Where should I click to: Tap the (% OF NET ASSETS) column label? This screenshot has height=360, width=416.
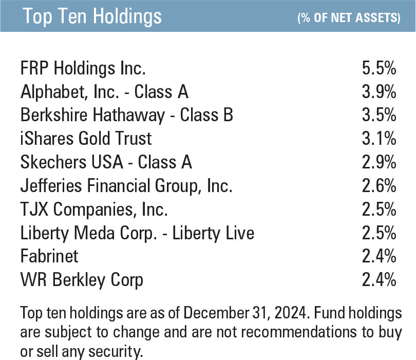(349, 18)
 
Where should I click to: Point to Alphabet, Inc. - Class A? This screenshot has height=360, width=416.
(104, 91)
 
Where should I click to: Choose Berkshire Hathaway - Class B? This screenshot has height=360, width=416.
(126, 115)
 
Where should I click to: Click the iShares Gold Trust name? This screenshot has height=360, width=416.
(86, 139)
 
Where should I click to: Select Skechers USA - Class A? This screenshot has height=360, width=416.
(106, 162)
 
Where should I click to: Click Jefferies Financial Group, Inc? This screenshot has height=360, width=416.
(126, 186)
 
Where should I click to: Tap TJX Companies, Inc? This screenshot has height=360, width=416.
(94, 210)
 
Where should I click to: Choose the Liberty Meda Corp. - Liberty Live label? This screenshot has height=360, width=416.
(137, 233)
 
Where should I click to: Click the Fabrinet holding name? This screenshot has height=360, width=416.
(49, 257)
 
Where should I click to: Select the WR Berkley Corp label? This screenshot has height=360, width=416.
(82, 280)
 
